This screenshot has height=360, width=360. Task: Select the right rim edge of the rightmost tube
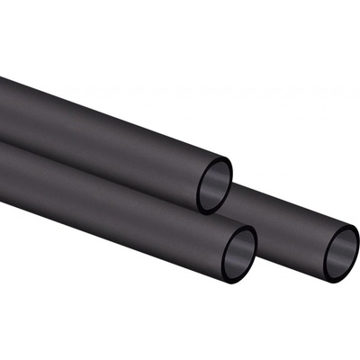(358, 244)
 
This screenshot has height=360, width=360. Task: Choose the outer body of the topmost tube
(108, 126)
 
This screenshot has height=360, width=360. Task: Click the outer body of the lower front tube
(117, 198)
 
